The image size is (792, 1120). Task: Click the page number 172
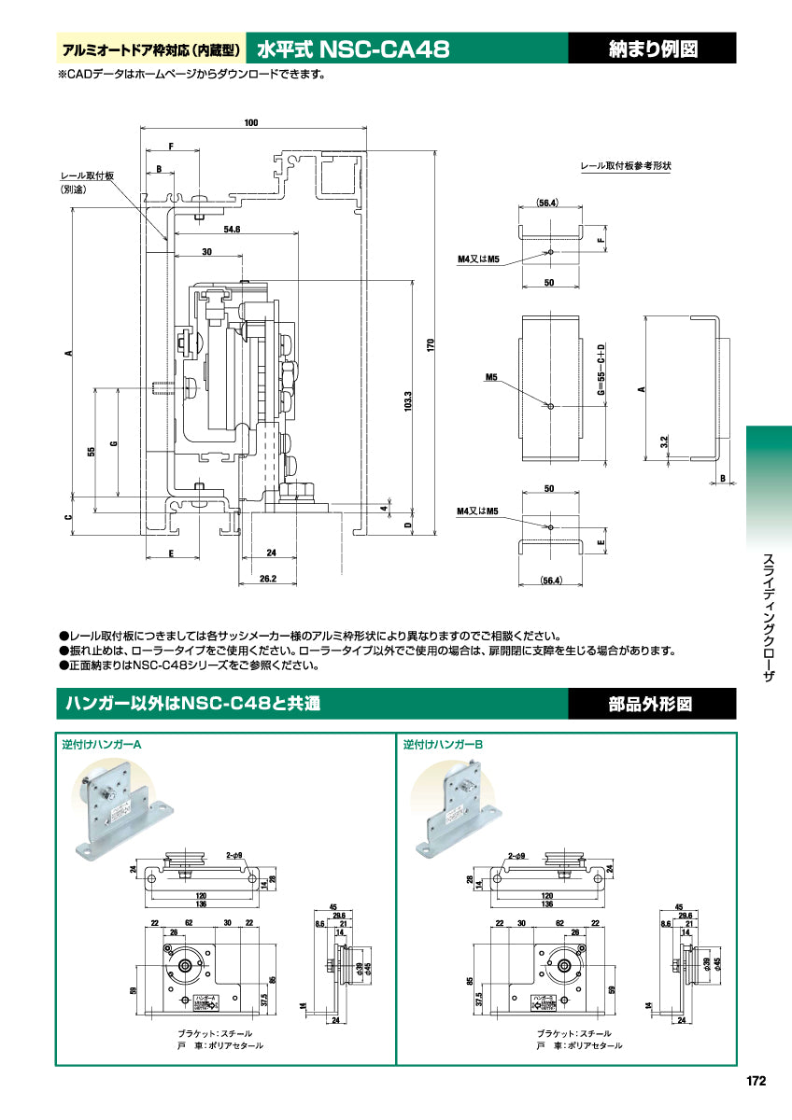pos(757,1081)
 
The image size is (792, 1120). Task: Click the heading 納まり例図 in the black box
pos(653,49)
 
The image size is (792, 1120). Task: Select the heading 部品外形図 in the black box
pos(653,704)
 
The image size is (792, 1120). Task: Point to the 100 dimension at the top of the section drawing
pos(251,122)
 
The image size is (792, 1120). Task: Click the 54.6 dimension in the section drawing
pos(233,229)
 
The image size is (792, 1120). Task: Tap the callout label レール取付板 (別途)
pos(87,182)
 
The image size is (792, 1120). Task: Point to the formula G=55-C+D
pos(602,371)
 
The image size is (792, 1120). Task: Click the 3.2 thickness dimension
pos(663,441)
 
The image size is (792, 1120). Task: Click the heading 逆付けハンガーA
pos(102,746)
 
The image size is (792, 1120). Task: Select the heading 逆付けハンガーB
pos(443,746)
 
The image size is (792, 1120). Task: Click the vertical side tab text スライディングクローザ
pos(769,616)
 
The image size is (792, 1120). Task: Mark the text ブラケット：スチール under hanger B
pos(574,1033)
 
